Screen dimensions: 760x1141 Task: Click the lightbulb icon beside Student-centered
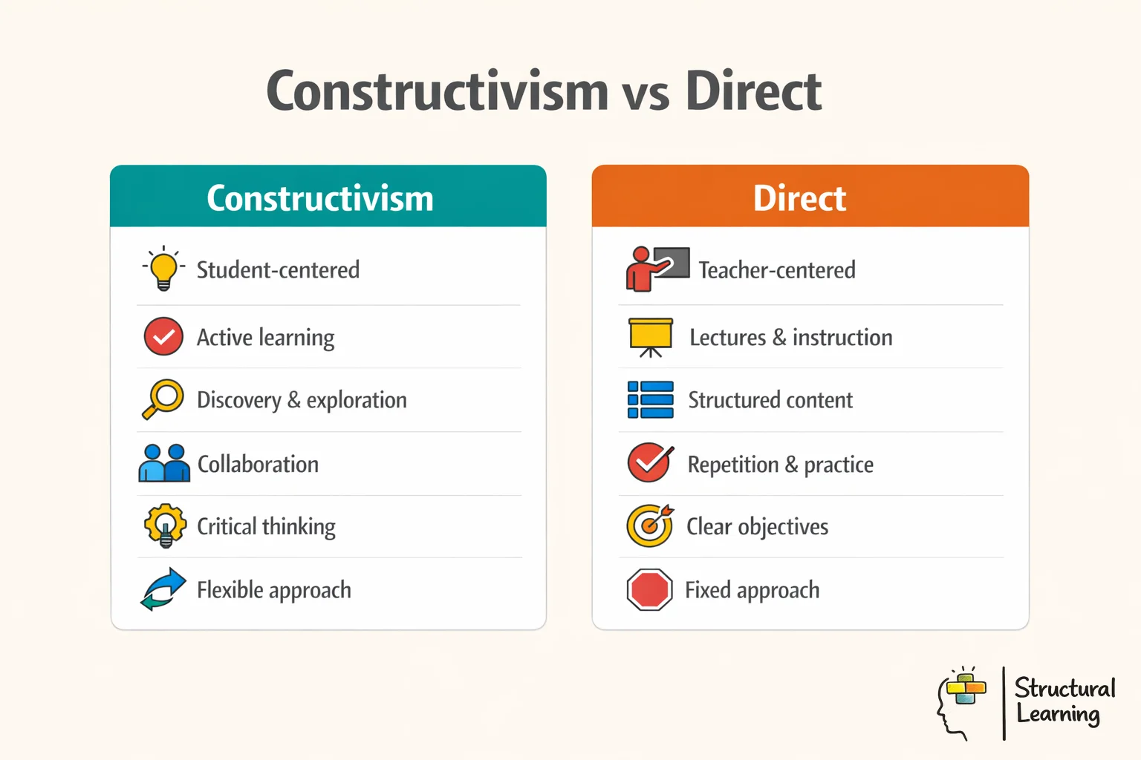point(163,269)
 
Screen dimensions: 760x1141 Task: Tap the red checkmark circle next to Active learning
point(163,337)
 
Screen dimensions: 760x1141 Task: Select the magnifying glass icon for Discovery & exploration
point(163,399)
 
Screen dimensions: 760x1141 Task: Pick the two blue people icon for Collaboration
point(164,463)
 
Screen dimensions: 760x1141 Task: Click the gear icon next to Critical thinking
point(165,525)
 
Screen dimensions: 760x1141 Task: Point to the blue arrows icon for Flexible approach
point(163,589)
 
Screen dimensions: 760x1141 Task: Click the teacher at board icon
point(657,269)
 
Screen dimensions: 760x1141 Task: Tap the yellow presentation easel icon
point(651,337)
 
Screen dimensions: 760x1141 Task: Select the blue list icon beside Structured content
point(651,400)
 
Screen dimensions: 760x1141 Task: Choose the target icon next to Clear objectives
point(650,525)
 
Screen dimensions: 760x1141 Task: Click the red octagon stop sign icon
point(650,590)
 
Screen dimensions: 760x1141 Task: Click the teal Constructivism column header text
point(320,198)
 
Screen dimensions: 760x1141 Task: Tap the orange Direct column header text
point(799,198)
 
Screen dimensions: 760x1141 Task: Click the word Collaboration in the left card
point(258,465)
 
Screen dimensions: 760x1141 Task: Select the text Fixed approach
point(752,590)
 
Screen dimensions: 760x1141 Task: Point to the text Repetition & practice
point(780,465)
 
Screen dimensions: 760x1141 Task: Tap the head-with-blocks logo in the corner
point(962,701)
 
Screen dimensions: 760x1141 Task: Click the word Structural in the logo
point(1064,688)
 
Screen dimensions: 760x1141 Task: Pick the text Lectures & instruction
point(790,338)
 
